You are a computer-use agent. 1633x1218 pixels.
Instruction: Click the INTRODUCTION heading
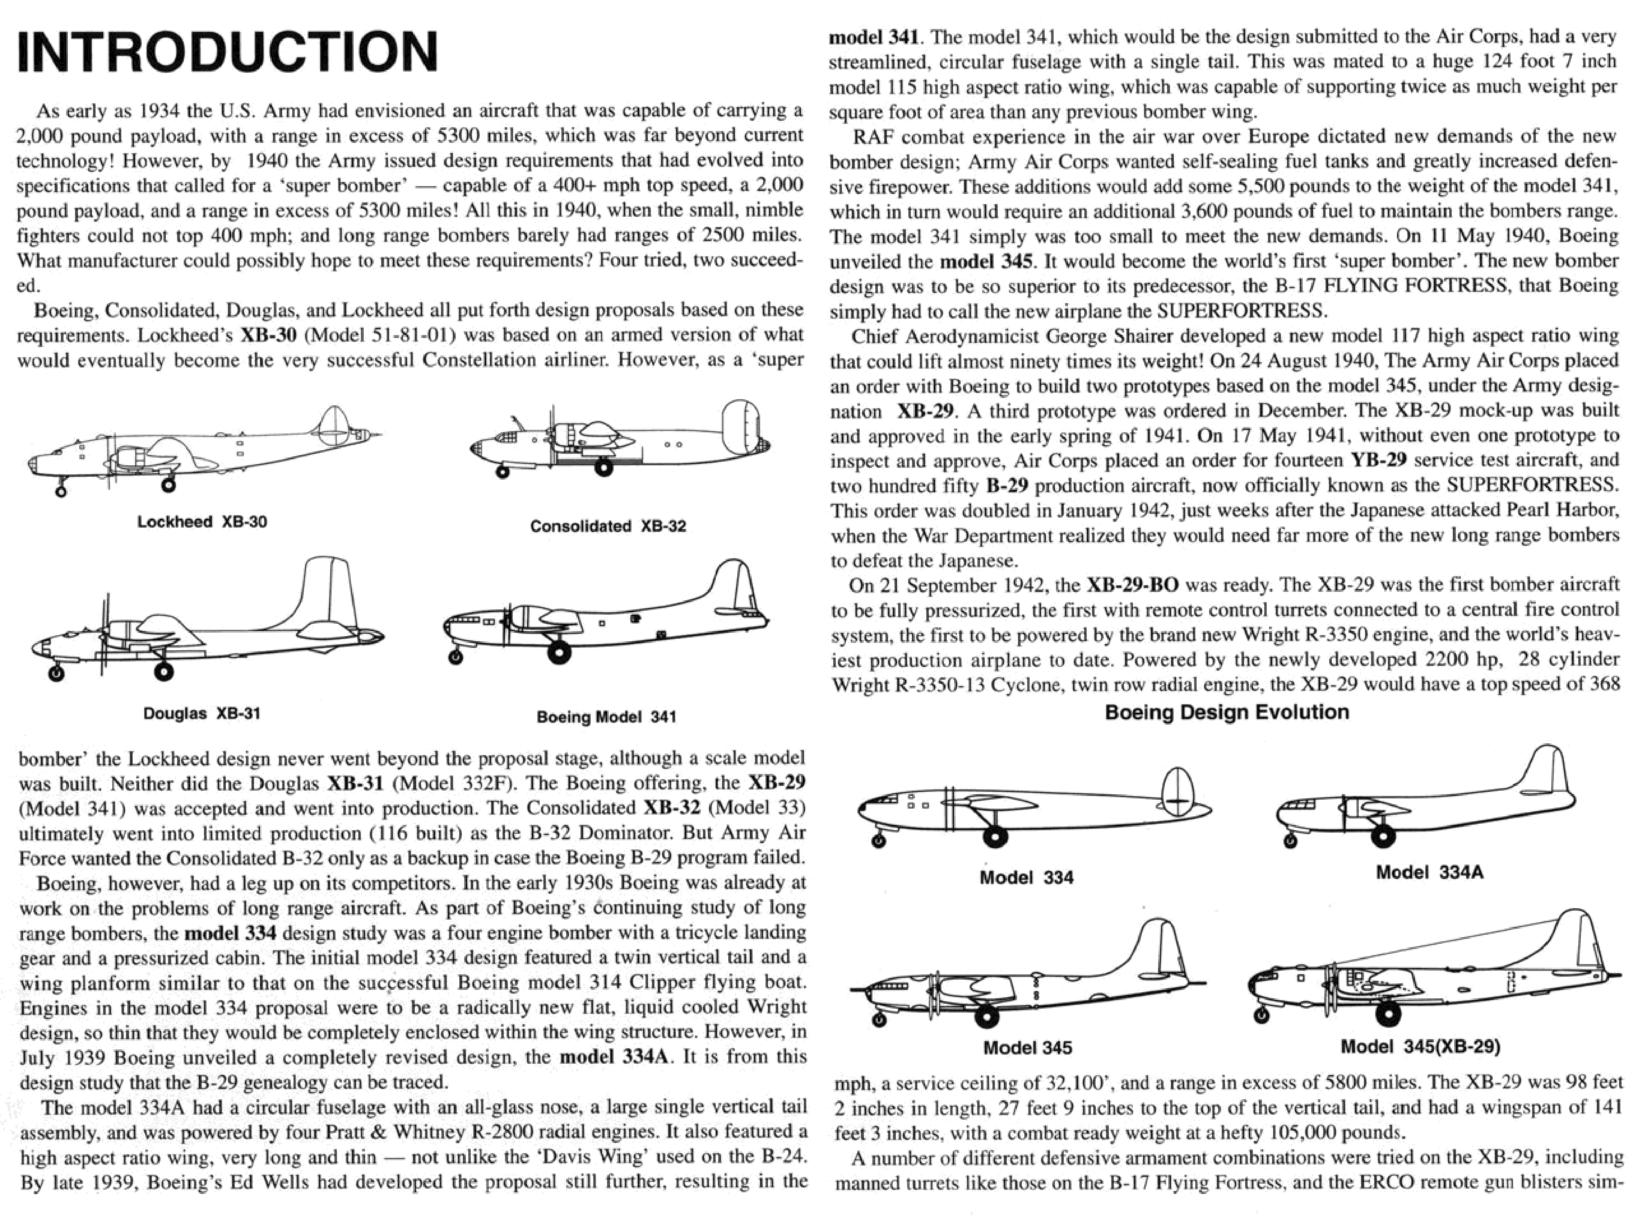click(227, 51)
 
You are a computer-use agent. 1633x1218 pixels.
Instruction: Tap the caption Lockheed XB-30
click(202, 522)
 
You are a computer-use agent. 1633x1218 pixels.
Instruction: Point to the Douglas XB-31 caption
click(201, 713)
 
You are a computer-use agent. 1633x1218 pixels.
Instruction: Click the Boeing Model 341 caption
click(606, 717)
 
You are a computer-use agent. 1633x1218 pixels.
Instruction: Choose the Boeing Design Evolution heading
click(1227, 712)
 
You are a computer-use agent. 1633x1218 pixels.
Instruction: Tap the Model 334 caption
click(1026, 877)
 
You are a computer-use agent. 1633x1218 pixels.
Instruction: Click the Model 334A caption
click(1429, 872)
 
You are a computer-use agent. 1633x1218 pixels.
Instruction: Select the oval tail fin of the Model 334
click(1177, 791)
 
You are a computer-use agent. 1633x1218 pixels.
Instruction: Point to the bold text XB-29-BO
click(1132, 585)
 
